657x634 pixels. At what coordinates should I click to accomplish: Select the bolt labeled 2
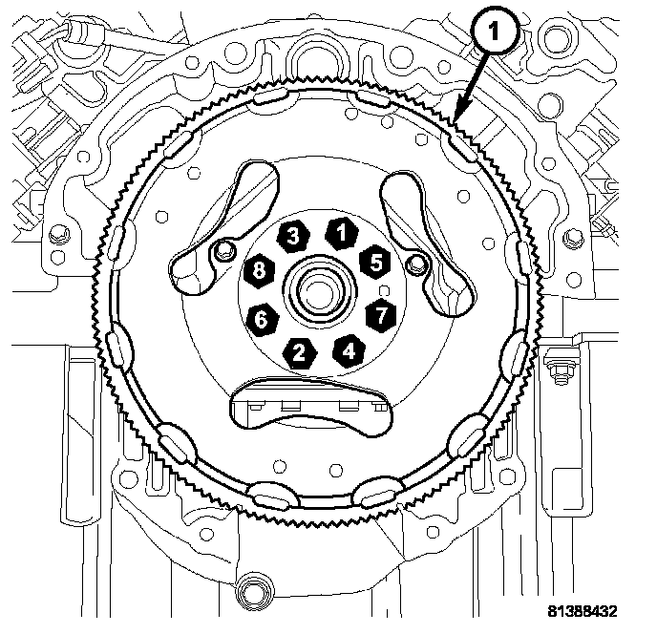[x=301, y=351]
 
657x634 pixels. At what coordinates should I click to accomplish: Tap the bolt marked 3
[x=293, y=235]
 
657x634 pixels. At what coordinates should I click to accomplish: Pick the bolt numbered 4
[x=349, y=349]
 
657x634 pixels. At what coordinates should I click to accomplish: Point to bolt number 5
[x=374, y=258]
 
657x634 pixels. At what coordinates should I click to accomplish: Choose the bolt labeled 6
[x=261, y=319]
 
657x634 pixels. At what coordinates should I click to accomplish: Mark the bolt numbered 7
[x=381, y=311]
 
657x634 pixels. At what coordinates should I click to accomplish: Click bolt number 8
[x=259, y=270]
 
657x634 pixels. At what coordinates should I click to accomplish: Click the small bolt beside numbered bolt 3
[x=224, y=251]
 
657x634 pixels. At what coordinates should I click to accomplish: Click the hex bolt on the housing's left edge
[x=60, y=232]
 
